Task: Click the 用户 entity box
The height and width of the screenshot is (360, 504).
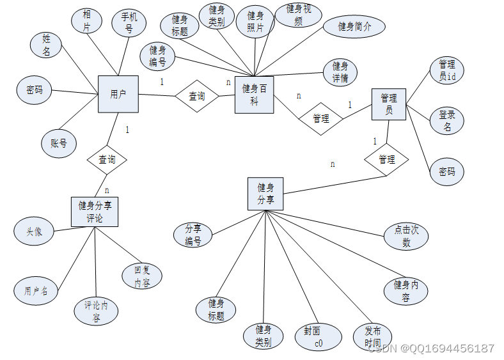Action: (x=118, y=95)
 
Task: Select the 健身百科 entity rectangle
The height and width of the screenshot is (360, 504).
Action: (x=254, y=95)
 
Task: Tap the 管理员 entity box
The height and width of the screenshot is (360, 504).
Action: (x=389, y=104)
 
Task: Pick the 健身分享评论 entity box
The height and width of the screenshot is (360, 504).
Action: (x=95, y=212)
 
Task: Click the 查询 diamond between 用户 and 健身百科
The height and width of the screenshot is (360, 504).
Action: (x=197, y=97)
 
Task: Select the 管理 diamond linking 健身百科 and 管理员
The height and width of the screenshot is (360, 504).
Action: (x=321, y=118)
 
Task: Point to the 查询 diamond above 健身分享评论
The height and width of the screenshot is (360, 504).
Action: (x=107, y=159)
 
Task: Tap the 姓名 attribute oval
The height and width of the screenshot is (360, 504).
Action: (x=47, y=45)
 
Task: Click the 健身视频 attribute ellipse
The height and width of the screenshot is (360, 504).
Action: (x=299, y=14)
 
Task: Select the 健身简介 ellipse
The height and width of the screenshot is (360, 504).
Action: (x=354, y=27)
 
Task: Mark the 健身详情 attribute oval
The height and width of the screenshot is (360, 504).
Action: (x=340, y=72)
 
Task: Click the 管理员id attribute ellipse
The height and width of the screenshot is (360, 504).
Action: (x=446, y=70)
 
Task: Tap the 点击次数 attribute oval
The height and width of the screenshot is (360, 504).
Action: (x=406, y=237)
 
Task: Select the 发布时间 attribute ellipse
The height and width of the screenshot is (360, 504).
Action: (x=372, y=337)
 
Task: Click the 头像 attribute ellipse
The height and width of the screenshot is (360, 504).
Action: (x=35, y=232)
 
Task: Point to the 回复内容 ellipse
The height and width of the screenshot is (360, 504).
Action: (x=142, y=276)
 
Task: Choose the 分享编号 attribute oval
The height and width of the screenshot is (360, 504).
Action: (x=193, y=235)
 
